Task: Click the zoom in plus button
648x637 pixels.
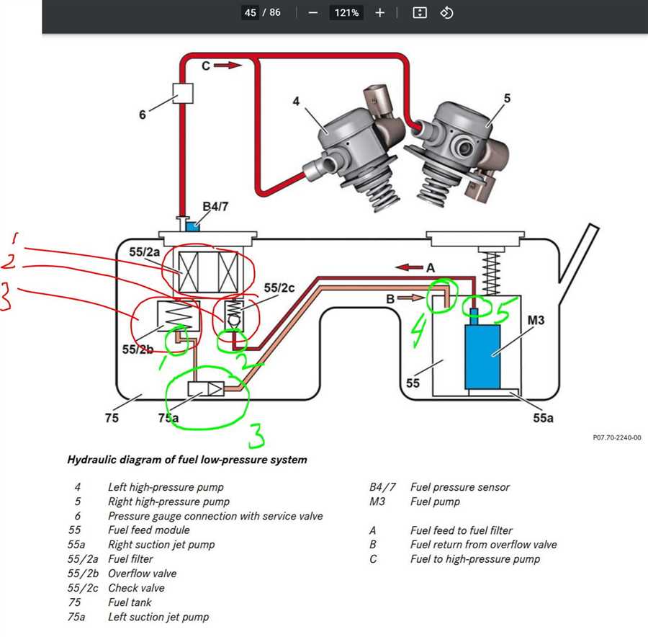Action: coord(379,13)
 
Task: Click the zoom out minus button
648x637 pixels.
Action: coord(313,13)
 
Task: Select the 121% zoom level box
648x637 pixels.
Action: coord(346,13)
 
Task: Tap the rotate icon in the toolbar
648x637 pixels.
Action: coord(446,13)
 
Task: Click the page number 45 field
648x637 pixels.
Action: coord(250,13)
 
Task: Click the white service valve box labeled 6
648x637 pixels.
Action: coord(183,93)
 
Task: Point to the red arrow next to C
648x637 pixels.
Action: coord(228,66)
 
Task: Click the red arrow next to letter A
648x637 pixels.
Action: coord(409,267)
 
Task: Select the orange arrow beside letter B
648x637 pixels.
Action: coord(410,298)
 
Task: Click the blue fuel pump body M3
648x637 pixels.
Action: coord(482,357)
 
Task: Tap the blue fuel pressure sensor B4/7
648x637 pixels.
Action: coord(192,226)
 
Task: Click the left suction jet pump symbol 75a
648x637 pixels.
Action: coord(206,389)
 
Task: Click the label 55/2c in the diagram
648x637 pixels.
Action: coord(279,288)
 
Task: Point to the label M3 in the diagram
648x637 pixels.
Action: coord(536,320)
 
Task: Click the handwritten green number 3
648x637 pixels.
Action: coord(256,435)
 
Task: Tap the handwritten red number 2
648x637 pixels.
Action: coord(9,262)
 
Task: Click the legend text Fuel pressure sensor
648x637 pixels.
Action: coord(460,487)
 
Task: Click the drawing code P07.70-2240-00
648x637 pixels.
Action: coord(617,437)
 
